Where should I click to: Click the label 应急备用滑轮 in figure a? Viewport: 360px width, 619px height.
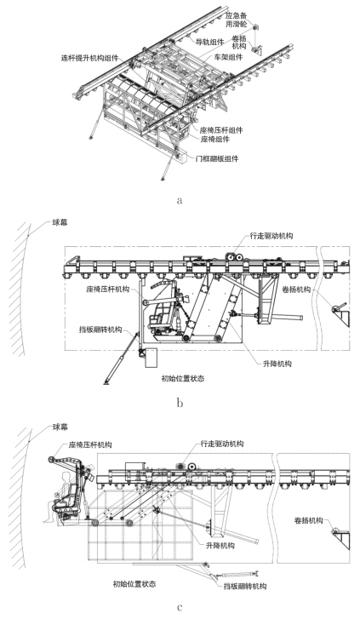tap(237, 20)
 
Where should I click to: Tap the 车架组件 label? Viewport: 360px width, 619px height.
tap(229, 57)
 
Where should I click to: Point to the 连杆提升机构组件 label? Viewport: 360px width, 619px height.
tap(88, 58)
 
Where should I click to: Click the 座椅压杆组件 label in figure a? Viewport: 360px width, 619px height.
tap(221, 130)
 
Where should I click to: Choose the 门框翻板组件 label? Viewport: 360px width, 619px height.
tap(218, 158)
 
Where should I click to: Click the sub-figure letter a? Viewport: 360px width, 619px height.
tap(180, 200)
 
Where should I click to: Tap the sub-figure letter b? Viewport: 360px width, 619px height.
tap(180, 403)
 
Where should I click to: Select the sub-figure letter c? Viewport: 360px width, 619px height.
tap(180, 607)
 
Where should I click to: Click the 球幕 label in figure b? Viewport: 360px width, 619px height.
tap(60, 222)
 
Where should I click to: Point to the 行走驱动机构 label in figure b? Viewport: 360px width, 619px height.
tap(271, 236)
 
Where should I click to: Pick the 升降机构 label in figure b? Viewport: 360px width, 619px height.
tap(277, 364)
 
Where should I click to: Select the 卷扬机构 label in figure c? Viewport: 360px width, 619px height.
tap(308, 520)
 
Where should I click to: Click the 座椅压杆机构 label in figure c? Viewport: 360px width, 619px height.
tap(90, 444)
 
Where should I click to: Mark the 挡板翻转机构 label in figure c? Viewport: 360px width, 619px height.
tap(245, 586)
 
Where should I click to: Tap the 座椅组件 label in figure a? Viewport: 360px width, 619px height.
tap(215, 139)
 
